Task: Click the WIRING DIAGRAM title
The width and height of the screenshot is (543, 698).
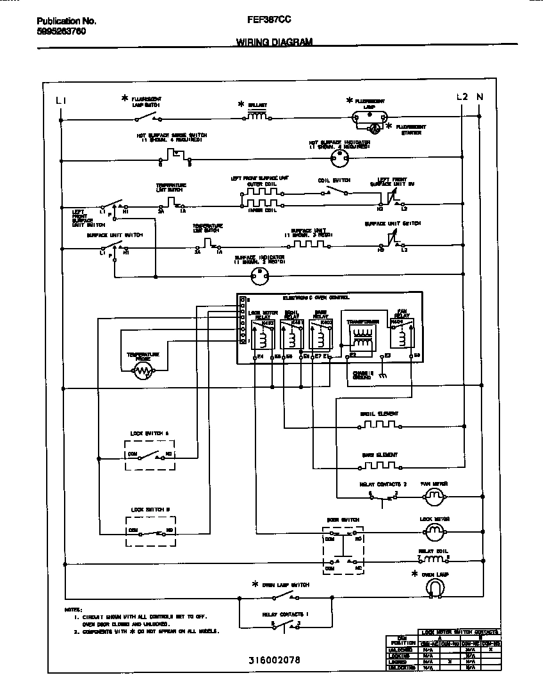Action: click(x=274, y=42)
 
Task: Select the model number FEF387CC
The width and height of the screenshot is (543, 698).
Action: click(x=268, y=20)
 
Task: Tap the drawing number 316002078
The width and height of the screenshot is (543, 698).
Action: click(x=274, y=660)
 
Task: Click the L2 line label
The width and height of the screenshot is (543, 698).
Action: click(x=462, y=97)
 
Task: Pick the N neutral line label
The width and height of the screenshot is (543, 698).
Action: click(x=480, y=97)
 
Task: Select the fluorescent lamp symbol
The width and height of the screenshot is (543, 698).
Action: click(x=370, y=117)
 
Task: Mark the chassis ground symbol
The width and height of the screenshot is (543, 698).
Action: click(x=383, y=376)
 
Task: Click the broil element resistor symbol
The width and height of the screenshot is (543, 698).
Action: click(x=379, y=424)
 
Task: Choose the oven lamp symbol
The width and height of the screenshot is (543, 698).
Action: click(x=435, y=586)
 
